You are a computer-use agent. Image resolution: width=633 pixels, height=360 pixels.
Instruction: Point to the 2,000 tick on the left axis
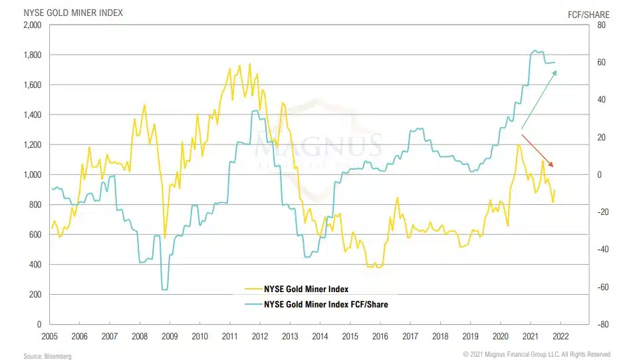tap(32, 25)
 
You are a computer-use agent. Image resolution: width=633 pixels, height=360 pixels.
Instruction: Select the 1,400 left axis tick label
tap(32, 115)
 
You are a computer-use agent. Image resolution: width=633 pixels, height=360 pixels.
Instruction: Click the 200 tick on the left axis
tap(36, 295)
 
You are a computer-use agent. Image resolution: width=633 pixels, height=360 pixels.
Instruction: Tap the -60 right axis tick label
tap(601, 287)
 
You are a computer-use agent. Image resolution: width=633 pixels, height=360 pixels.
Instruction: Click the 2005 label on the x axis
tap(49, 337)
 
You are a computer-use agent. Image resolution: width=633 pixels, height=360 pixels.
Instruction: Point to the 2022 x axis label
tap(561, 337)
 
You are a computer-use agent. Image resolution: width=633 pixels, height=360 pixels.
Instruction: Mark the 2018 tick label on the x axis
tap(440, 337)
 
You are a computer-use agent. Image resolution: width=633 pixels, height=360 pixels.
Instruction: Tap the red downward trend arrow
tap(537, 150)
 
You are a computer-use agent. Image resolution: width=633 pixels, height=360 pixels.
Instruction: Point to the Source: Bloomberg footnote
tap(47, 355)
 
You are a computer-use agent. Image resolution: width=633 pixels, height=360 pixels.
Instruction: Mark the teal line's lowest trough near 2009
tap(164, 289)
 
